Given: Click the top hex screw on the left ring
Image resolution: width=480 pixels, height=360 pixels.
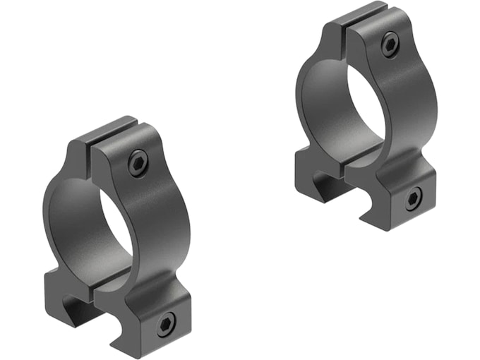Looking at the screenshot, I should pos(138,164).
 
